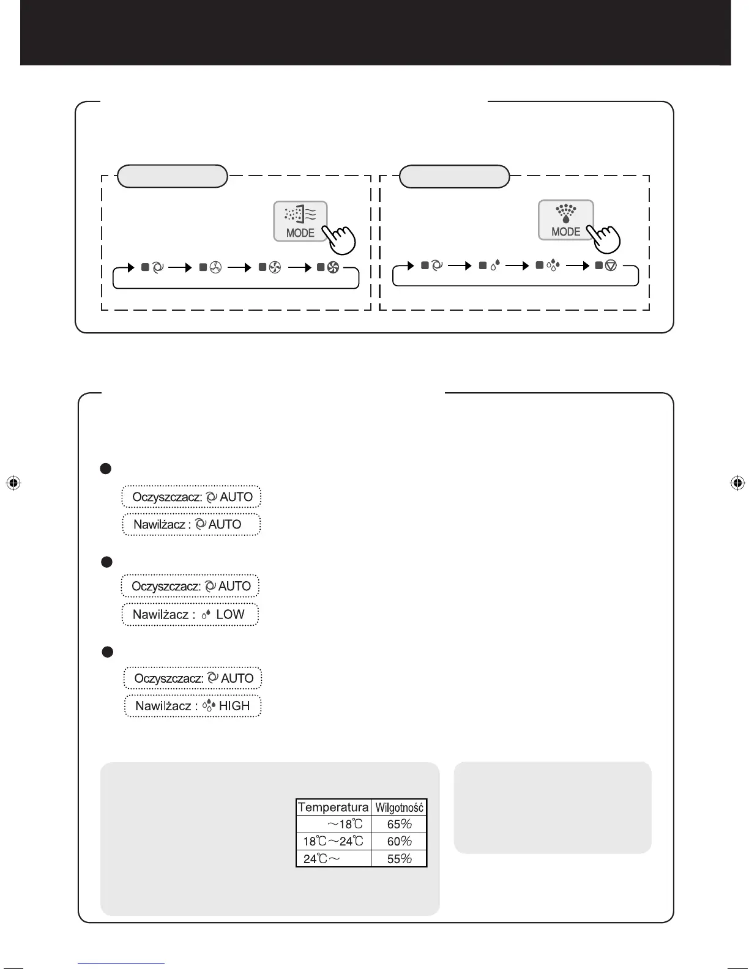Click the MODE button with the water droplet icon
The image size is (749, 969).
(565, 220)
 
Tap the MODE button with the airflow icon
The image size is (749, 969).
(300, 221)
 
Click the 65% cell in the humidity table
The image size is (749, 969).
(399, 824)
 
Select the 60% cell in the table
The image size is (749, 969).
(399, 841)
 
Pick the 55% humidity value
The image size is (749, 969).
(399, 858)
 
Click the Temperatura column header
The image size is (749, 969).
(333, 807)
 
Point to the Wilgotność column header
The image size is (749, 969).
(399, 807)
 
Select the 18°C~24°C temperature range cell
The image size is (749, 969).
(333, 841)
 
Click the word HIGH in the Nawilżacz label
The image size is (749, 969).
(234, 706)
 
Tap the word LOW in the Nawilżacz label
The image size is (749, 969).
(230, 614)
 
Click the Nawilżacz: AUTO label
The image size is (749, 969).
(191, 524)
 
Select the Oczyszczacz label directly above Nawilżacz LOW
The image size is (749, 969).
(190, 586)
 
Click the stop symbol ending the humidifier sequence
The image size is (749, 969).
(610, 265)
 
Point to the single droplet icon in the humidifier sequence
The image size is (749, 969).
(495, 265)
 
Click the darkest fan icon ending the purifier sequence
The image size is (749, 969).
(333, 267)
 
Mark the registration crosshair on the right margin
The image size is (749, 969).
(737, 483)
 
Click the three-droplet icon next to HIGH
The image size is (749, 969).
(209, 706)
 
